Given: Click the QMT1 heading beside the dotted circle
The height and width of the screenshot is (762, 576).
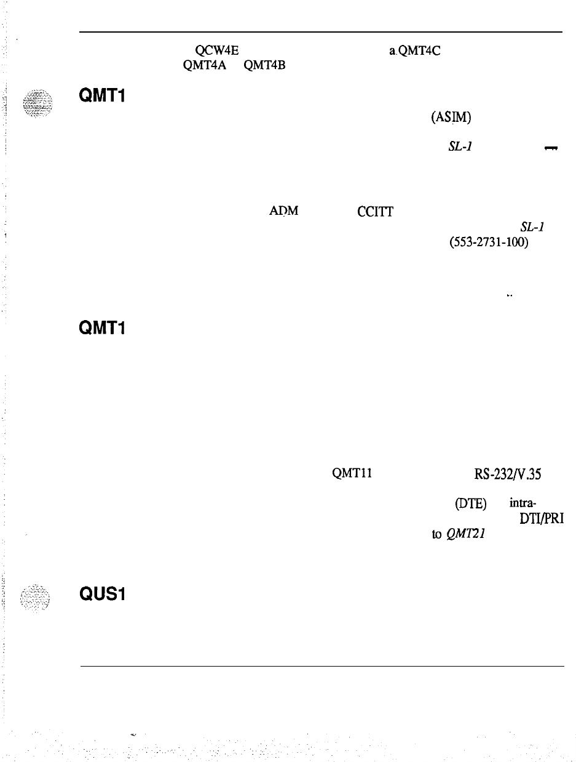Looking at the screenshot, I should pos(102,97).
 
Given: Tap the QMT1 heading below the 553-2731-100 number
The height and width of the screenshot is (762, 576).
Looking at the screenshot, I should pos(102,329).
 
